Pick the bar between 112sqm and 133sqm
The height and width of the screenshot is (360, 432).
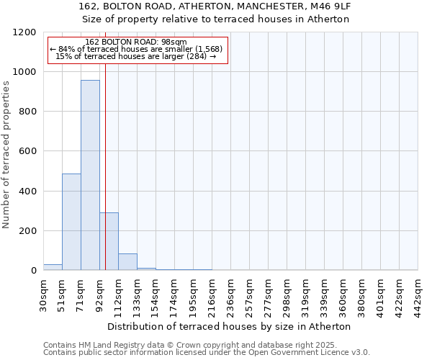tap(127, 262)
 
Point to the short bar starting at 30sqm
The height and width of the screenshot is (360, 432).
tap(53, 267)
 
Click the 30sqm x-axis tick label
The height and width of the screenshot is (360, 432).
tap(44, 293)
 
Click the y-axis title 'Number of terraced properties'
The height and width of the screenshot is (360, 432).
tap(6, 155)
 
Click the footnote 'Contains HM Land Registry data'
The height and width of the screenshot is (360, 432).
tap(206, 345)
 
